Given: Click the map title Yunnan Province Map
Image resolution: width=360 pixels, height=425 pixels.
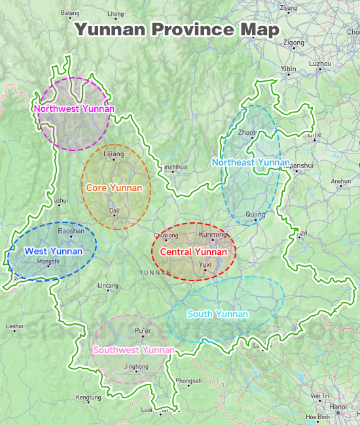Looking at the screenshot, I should pos(177,30).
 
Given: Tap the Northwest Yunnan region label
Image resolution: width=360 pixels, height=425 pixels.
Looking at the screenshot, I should pos(74,109).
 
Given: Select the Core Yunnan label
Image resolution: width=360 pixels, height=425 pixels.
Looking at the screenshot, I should pos(114,188).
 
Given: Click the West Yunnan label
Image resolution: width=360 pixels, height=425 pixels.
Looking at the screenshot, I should pos(54,251).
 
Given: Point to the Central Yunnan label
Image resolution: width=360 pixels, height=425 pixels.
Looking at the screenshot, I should pos(193,252).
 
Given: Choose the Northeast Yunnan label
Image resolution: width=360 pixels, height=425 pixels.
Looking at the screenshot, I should pos(251,161).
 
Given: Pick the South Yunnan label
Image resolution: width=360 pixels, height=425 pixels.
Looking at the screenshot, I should pos(217,314).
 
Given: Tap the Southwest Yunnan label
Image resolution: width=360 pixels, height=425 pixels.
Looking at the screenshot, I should pos(134,350).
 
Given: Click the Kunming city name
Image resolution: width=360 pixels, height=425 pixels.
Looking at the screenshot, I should pos(212,234).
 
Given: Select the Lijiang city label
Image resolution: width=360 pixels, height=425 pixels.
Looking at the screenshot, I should pos(113,154).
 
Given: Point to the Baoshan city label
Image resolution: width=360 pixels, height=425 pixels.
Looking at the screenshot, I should pos(71,231).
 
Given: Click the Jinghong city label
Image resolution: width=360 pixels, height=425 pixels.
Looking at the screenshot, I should pos(137,367).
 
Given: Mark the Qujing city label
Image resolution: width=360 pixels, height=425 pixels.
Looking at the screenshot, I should pos(255,214).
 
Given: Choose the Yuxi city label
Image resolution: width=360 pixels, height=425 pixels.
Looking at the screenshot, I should pos(206,264).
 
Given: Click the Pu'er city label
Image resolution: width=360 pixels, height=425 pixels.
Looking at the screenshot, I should pos(143,331).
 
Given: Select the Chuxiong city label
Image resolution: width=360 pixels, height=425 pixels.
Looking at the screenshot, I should pos(166,235).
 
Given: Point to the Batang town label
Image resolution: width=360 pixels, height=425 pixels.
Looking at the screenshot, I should pos(69,12).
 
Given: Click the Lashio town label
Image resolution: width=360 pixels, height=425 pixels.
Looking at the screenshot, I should pos(14,326).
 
